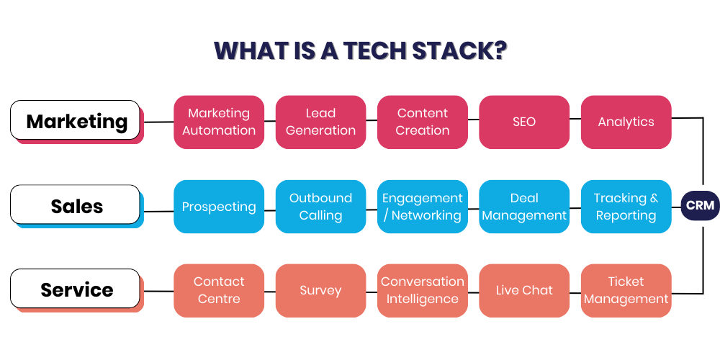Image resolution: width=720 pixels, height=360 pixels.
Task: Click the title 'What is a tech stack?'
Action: coord(360,51)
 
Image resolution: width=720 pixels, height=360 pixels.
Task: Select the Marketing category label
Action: coord(76,121)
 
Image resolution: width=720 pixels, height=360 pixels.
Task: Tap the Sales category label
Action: coord(76,206)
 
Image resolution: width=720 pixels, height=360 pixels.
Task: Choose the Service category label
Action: coord(76,289)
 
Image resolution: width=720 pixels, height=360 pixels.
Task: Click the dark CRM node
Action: coord(700,206)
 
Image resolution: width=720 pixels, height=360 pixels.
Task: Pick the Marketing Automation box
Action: coord(219,122)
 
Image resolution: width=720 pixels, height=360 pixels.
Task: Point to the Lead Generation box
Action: coord(320,122)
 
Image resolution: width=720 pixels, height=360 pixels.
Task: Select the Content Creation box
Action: coord(423,122)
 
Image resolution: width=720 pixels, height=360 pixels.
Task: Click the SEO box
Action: coord(524,122)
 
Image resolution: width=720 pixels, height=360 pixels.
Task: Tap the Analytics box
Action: coord(626,122)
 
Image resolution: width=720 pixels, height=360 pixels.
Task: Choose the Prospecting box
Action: coord(219,207)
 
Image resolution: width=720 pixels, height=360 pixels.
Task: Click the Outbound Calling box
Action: coord(320,207)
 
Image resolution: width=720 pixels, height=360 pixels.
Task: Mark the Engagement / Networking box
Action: coord(423,207)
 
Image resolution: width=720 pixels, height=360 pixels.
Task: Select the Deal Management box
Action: coord(524,207)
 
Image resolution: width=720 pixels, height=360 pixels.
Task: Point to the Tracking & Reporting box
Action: coord(626,207)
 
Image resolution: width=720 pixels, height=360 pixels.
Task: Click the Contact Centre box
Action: coord(219,290)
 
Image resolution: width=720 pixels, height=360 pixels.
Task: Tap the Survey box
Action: coord(320,290)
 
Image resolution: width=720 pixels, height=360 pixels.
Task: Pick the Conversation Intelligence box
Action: coord(423,290)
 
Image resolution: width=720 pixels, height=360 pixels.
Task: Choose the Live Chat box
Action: coord(524,290)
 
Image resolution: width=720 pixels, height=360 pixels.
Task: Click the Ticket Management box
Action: coord(626,290)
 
